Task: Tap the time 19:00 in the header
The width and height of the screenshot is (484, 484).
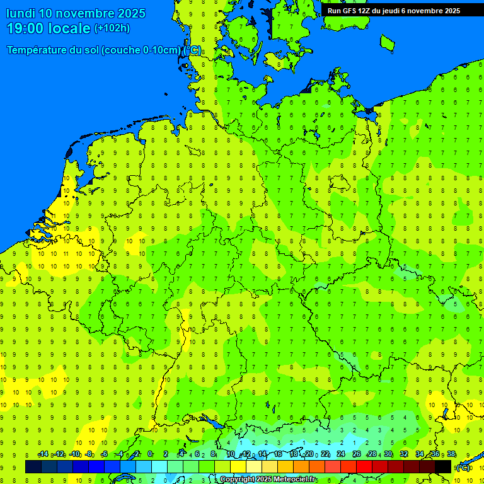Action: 26,28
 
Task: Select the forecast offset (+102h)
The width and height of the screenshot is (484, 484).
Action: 112,28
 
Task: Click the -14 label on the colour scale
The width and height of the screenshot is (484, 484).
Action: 43,454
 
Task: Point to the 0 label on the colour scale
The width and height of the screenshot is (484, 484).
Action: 150,454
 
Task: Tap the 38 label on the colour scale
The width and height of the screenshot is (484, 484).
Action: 451,454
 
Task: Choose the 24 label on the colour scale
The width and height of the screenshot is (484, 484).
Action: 341,454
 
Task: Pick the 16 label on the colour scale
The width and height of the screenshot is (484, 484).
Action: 278,454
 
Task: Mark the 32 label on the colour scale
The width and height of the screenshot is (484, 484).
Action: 404,454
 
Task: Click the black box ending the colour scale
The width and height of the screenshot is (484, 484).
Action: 443,466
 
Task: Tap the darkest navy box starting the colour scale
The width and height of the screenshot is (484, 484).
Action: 33,466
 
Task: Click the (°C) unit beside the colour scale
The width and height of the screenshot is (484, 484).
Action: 463,467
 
